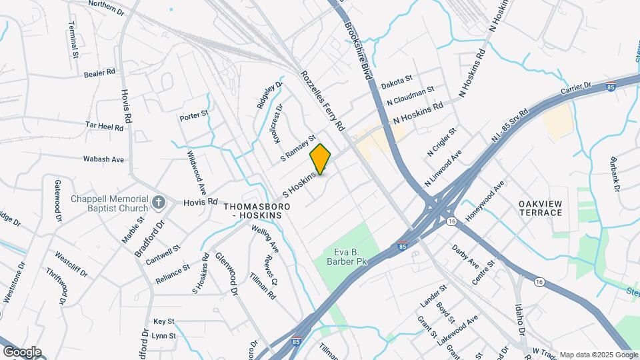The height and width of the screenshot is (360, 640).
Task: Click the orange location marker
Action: coord(321,159)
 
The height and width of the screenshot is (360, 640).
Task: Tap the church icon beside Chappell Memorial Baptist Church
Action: coord(159,201)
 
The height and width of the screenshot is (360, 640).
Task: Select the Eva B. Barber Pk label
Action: coord(351,257)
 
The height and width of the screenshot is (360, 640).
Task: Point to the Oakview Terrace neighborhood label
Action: coord(541,207)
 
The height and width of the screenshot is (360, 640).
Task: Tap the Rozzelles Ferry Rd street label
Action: coord(322,101)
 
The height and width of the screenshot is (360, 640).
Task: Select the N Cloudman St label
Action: coord(411,96)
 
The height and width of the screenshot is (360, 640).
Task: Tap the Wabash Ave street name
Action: coord(103,160)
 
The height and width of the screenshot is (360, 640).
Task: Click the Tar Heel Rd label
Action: coord(105,125)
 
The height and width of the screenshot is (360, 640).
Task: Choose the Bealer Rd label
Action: coord(100,73)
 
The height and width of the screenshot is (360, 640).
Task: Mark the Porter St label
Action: coord(194,116)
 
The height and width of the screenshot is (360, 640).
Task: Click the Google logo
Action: coord(22,351)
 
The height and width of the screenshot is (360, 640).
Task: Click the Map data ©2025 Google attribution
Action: coord(599,355)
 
